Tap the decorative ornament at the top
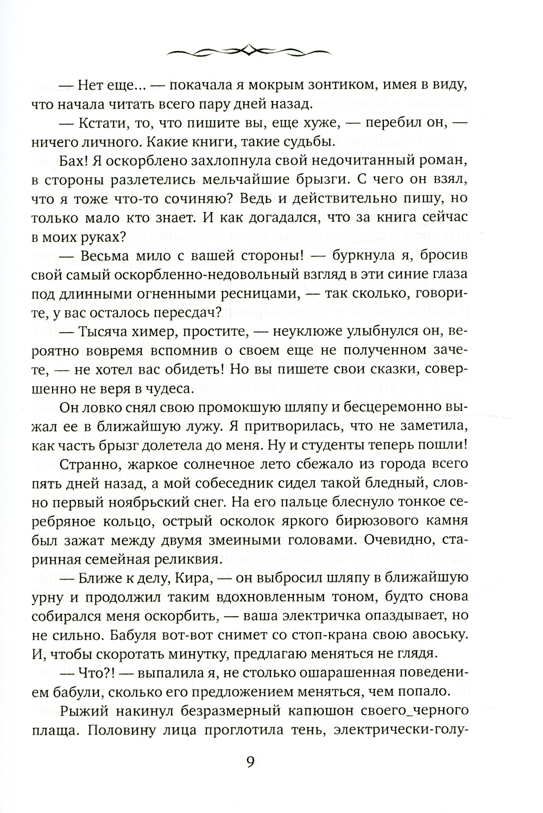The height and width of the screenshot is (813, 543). point(250,51)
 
